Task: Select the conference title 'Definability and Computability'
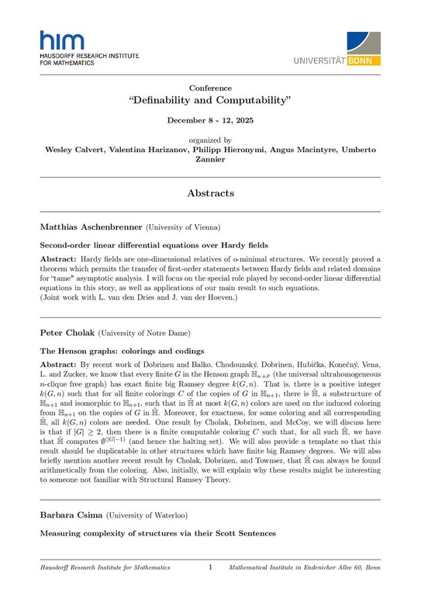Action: pos(210,101)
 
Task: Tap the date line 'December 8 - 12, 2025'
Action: pos(210,121)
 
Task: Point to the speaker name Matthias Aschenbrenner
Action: pos(88,227)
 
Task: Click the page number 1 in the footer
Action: pos(210,568)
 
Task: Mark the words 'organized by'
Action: pos(210,140)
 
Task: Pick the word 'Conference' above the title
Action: pos(210,88)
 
